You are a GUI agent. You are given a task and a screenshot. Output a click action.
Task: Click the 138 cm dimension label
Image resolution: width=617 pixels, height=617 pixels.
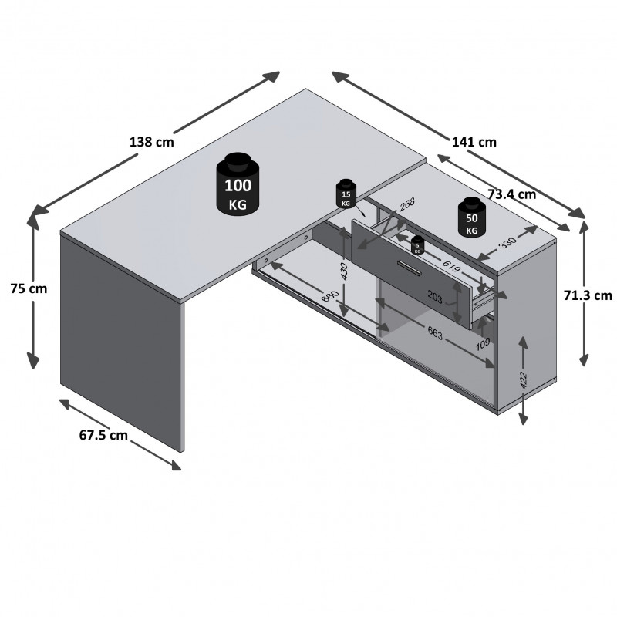pyautogui.click(x=151, y=142)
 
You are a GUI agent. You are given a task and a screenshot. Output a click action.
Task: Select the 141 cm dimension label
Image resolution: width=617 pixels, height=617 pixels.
pyautogui.click(x=474, y=142)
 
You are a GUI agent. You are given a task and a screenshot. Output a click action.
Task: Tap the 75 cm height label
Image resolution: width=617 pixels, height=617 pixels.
pyautogui.click(x=29, y=288)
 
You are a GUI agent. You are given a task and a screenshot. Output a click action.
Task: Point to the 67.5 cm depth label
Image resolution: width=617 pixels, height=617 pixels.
pyautogui.click(x=103, y=435)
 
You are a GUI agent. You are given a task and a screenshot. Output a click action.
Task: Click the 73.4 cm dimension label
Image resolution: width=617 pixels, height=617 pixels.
pyautogui.click(x=511, y=194)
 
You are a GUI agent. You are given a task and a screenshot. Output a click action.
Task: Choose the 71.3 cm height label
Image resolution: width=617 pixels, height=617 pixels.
pyautogui.click(x=588, y=295)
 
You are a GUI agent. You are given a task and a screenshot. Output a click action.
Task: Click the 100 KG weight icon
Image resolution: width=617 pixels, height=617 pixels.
pyautogui.click(x=238, y=184)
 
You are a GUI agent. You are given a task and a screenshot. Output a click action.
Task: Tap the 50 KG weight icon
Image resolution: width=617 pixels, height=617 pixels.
pyautogui.click(x=471, y=217)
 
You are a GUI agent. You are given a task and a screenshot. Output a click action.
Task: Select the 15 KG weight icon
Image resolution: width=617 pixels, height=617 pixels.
pyautogui.click(x=346, y=194)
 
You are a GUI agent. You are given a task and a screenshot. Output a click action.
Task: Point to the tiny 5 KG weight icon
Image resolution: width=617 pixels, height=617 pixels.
pyautogui.click(x=417, y=245)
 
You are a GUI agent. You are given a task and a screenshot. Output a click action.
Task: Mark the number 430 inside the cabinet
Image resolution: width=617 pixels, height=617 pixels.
pyautogui.click(x=344, y=271)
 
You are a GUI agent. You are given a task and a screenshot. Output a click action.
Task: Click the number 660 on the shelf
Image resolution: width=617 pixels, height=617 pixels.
pyautogui.click(x=330, y=296)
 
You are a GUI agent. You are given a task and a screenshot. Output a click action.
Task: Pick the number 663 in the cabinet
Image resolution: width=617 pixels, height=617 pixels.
pyautogui.click(x=435, y=333)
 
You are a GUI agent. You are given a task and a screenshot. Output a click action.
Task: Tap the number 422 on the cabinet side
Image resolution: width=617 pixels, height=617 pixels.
pyautogui.click(x=523, y=379)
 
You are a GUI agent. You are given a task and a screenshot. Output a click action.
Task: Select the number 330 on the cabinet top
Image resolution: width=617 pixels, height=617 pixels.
pyautogui.click(x=507, y=244)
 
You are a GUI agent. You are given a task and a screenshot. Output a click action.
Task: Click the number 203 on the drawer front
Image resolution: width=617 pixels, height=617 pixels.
pyautogui.click(x=435, y=298)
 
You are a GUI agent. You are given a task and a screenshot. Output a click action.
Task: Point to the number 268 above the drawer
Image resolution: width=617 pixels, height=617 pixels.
pyautogui.click(x=407, y=204)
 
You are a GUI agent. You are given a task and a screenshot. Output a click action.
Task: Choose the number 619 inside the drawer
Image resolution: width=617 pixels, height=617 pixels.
pyautogui.click(x=451, y=266)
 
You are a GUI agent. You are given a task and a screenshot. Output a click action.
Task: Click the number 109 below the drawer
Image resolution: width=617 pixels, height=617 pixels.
pyautogui.click(x=484, y=344)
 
